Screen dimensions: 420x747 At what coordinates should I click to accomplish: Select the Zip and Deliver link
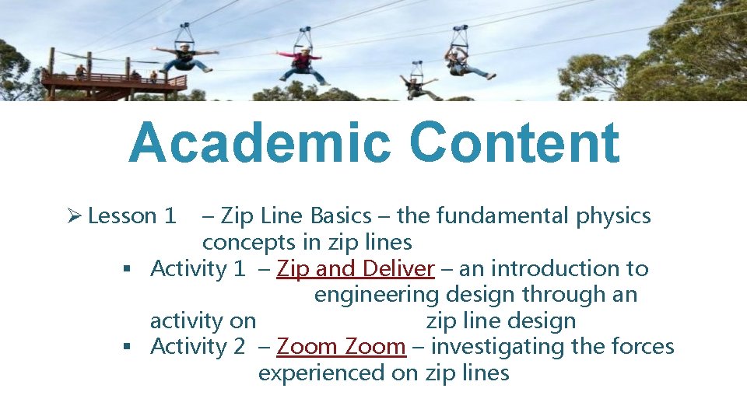pos(356,269)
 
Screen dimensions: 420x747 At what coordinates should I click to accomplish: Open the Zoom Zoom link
pos(341,347)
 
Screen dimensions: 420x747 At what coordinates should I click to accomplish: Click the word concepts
pos(250,242)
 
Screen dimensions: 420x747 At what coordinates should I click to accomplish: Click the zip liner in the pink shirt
pos(303,63)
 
